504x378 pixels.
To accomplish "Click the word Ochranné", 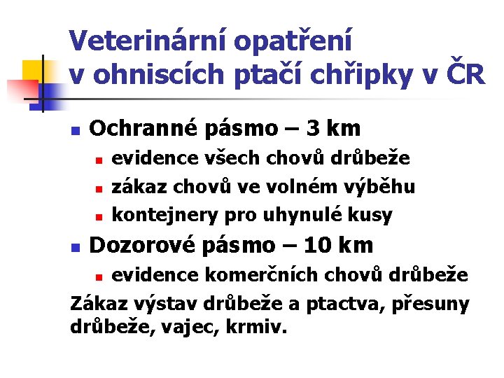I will [x=145, y=129].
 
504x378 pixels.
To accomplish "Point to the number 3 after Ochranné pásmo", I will [x=313, y=129].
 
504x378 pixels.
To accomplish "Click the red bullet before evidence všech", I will [x=99, y=160].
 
